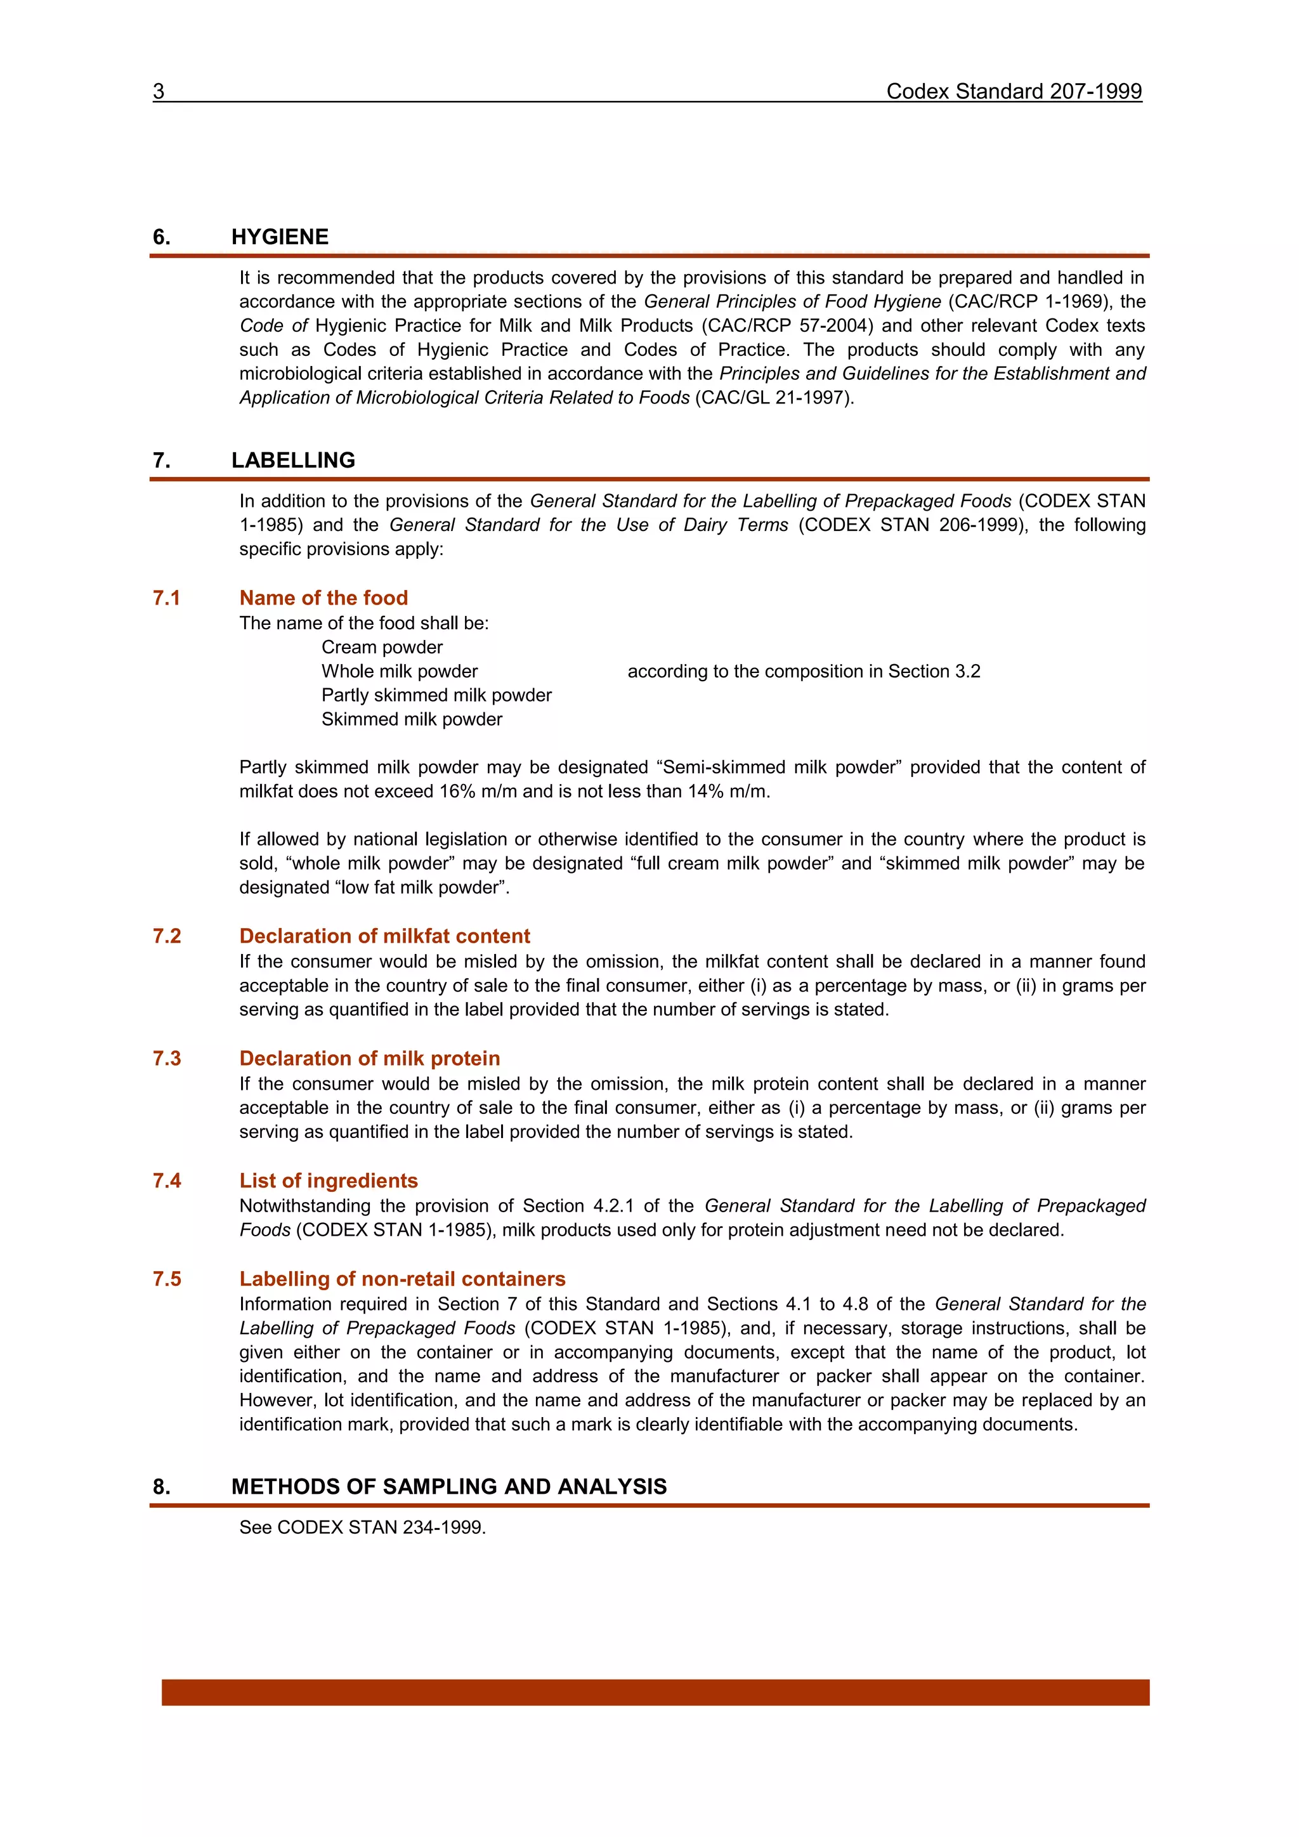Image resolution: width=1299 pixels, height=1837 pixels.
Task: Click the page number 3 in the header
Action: coord(159,91)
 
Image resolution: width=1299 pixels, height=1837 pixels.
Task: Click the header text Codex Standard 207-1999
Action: coord(1013,91)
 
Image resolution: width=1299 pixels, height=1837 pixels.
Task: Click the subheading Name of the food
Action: coord(323,598)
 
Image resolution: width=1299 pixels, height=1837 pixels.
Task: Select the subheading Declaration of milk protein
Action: coord(370,1059)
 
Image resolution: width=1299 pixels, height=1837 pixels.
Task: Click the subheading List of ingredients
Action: coord(328,1181)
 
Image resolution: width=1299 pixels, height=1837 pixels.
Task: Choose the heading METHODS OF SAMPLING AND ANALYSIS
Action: coord(448,1487)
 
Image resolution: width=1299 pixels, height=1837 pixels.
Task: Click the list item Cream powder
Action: coord(382,647)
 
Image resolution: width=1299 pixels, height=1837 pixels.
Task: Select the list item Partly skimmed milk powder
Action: coord(436,695)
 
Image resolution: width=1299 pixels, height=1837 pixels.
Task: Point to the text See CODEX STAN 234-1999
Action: coord(362,1527)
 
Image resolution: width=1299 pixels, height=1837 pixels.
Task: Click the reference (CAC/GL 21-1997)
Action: coord(773,398)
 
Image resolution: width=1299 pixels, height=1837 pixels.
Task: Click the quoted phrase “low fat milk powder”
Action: coord(422,887)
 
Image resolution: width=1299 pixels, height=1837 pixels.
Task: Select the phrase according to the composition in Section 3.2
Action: coord(803,671)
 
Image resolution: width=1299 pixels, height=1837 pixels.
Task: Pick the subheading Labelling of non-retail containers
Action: coord(402,1279)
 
